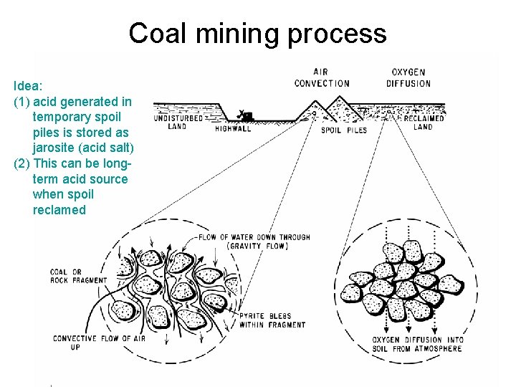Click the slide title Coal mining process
click(257, 33)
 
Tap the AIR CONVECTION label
click(322, 78)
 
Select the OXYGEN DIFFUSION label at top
click(408, 78)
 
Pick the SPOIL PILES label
click(343, 130)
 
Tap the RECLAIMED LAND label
click(424, 123)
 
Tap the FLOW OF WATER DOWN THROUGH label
click(254, 237)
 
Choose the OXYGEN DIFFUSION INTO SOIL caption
click(417, 344)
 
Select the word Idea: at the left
click(28, 85)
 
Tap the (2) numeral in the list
click(22, 163)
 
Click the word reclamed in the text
click(59, 210)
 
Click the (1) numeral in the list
click(22, 101)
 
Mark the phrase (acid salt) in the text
click(107, 148)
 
